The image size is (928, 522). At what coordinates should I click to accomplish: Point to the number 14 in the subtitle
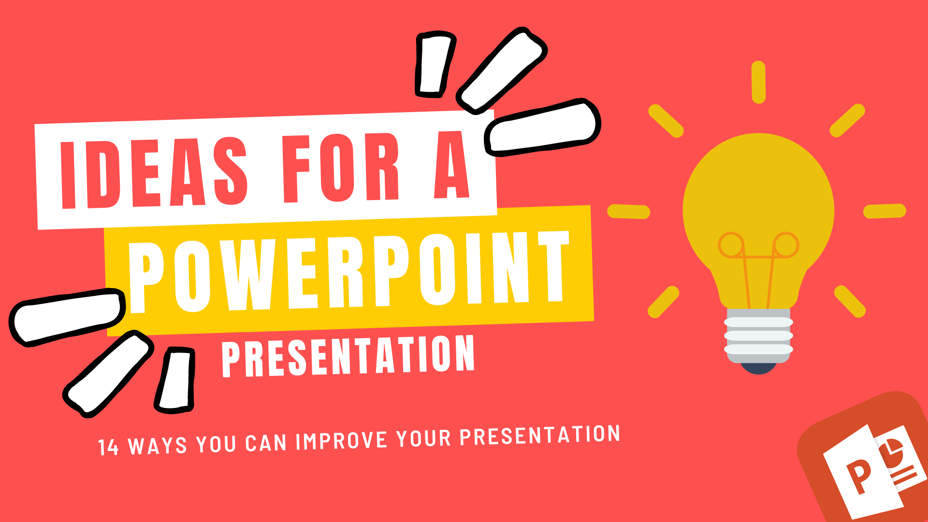pyautogui.click(x=108, y=448)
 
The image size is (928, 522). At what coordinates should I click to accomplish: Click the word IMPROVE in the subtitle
pyautogui.click(x=341, y=441)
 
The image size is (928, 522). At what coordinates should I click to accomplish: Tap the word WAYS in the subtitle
pyautogui.click(x=158, y=446)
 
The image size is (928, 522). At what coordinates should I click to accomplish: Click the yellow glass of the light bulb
pyautogui.click(x=758, y=203)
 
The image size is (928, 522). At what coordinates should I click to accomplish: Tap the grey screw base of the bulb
pyautogui.click(x=758, y=336)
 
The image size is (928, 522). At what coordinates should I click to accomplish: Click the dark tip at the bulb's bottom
pyautogui.click(x=758, y=369)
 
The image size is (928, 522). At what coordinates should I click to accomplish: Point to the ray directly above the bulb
pyautogui.click(x=759, y=82)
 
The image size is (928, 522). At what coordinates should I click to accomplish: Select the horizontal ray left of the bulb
pyautogui.click(x=629, y=212)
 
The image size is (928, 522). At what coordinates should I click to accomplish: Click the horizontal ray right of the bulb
pyautogui.click(x=884, y=211)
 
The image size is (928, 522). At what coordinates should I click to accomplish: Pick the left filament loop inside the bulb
pyautogui.click(x=731, y=245)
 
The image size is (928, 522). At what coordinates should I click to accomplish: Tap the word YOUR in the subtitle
pyautogui.click(x=424, y=438)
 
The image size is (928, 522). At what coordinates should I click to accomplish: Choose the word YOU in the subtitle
pyautogui.click(x=216, y=444)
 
